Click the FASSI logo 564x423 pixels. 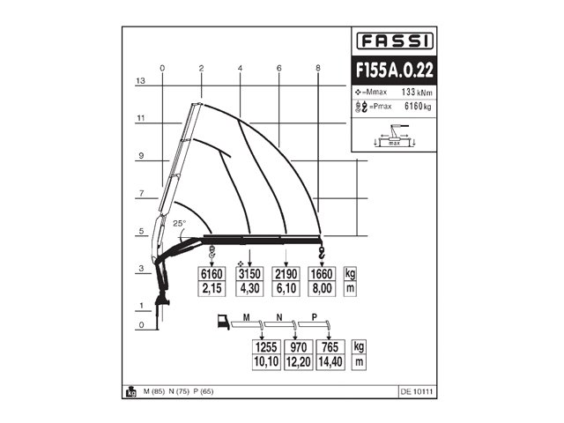[394, 41]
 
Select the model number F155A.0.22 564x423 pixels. [394, 69]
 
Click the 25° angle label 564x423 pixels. [180, 224]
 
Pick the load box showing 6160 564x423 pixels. [211, 273]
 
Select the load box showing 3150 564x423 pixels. [250, 273]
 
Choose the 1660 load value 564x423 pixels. [323, 273]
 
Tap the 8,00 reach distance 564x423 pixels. [323, 288]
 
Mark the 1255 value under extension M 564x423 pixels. [267, 347]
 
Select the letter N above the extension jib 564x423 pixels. [279, 315]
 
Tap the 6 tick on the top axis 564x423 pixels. [278, 68]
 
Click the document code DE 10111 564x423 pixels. [418, 391]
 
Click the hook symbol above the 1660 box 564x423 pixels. [322, 253]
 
